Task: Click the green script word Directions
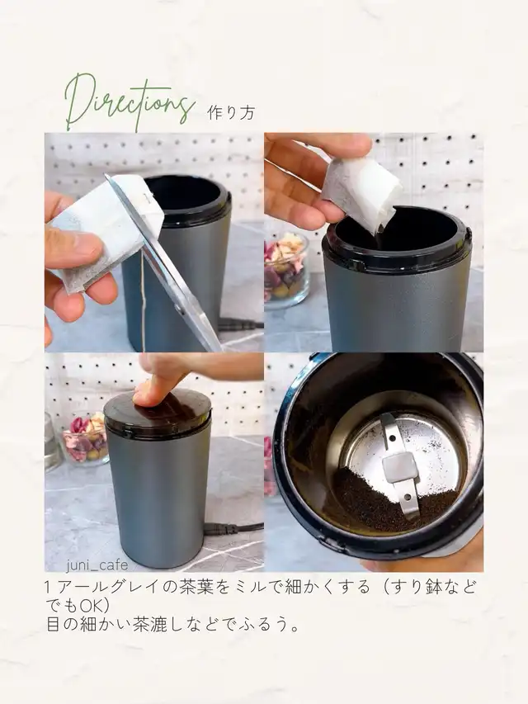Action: (130, 102)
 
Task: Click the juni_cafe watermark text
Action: (97, 565)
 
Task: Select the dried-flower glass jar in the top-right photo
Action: (286, 269)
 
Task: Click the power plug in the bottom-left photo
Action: (221, 529)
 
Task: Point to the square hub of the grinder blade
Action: (398, 467)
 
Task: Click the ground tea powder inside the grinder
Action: (382, 501)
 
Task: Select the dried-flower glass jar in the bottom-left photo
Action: (86, 438)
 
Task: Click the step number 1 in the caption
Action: (49, 588)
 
